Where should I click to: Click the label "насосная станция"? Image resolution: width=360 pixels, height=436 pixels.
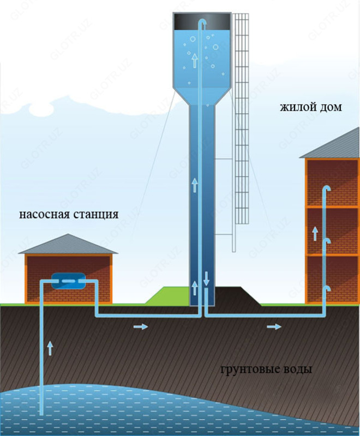click(x=69, y=213)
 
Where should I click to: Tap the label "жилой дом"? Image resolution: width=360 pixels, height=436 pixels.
click(x=311, y=107)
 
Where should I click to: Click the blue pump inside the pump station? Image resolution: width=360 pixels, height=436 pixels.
click(x=68, y=281)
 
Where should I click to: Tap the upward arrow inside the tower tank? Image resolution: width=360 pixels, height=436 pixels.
click(x=194, y=60)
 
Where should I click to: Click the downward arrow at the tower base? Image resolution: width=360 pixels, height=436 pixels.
click(x=206, y=278)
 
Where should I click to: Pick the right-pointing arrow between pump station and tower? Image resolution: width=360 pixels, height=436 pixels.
click(x=140, y=326)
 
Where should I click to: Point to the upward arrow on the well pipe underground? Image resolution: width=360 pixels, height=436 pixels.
click(x=50, y=348)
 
